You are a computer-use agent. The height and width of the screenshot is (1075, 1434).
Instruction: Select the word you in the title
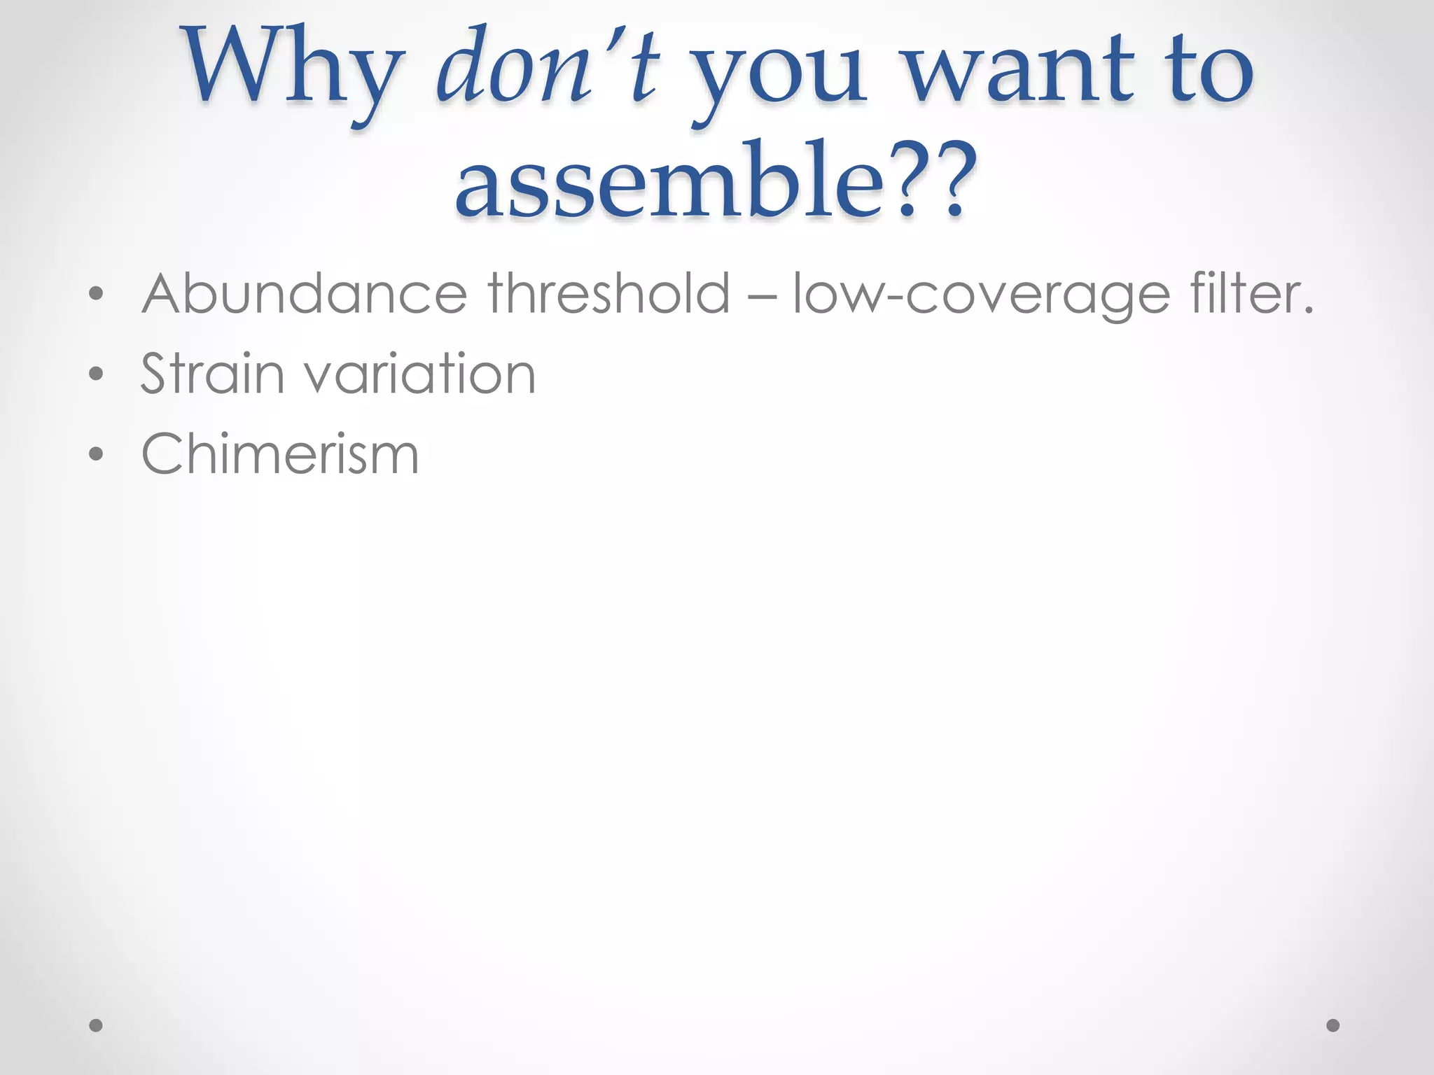[781, 77]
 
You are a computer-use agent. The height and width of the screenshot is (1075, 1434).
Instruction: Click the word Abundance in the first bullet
[305, 294]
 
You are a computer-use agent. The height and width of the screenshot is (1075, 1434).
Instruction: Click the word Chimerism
[280, 454]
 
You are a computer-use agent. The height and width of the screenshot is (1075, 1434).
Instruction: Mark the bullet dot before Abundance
[97, 295]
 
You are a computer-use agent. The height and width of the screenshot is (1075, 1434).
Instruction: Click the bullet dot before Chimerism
[97, 454]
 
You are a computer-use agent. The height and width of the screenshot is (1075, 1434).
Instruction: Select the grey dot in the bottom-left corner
[97, 1026]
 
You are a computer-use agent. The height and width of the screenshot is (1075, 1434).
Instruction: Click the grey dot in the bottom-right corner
[1333, 1026]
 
